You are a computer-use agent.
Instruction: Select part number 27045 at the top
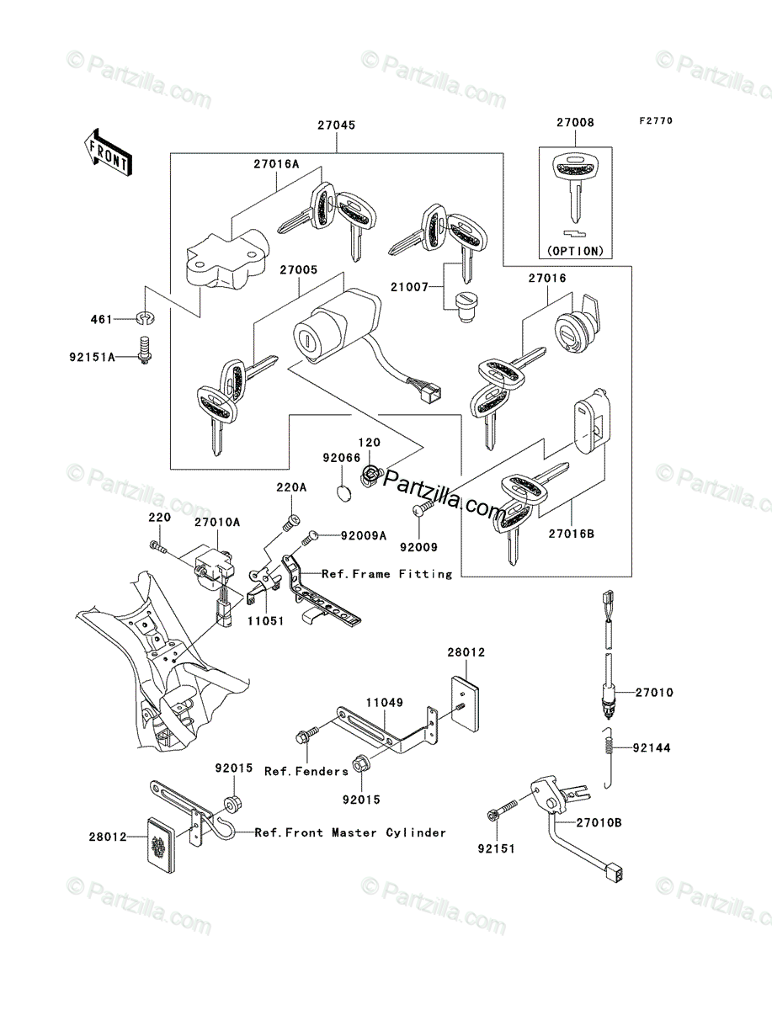[336, 125]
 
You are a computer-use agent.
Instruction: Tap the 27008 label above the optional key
[574, 122]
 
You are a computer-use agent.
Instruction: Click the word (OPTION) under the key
[575, 250]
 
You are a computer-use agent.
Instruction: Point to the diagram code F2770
[655, 120]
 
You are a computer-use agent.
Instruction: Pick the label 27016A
[276, 165]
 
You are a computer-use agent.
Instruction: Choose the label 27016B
[573, 532]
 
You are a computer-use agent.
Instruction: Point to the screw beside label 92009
[421, 510]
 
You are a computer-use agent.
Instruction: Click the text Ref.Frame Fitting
[387, 574]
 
